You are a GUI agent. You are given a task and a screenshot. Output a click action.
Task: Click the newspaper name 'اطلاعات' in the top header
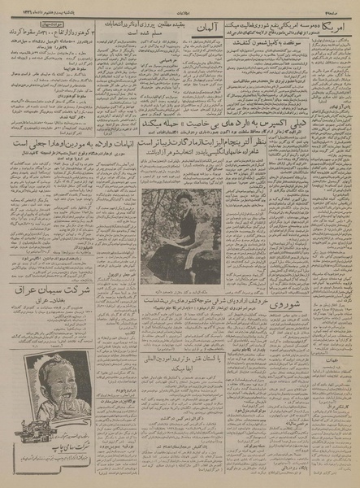point(180,6)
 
